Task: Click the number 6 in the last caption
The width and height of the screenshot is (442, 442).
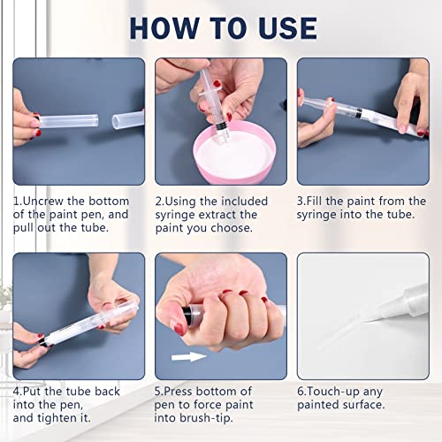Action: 301,391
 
